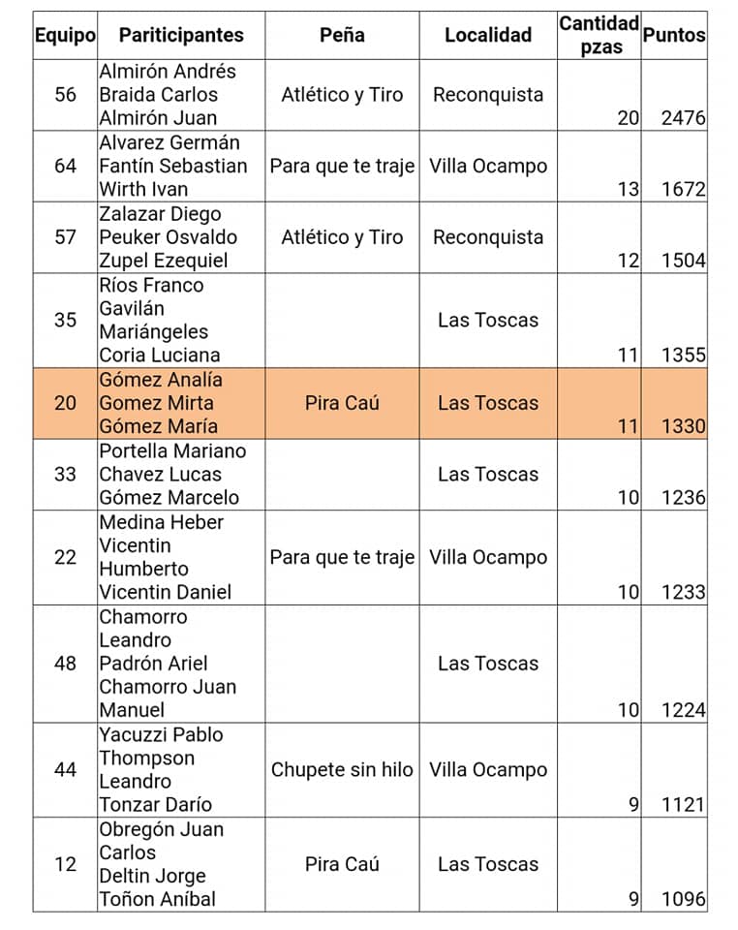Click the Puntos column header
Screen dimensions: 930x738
[x=674, y=35]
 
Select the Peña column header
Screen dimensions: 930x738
[x=342, y=35]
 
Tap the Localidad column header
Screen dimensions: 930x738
[x=488, y=35]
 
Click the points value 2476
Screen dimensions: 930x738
[x=683, y=118]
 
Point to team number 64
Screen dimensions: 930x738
[x=65, y=166]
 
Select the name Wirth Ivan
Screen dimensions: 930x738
[x=143, y=189]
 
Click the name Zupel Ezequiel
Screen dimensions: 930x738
[x=163, y=261]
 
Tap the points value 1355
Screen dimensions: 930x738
[x=683, y=356]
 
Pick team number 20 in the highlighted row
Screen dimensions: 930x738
[x=65, y=403]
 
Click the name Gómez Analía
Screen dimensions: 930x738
[x=160, y=380]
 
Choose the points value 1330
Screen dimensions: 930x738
[x=683, y=426]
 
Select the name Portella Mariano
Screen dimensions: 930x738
[x=172, y=450]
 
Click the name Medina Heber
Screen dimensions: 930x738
[x=161, y=522]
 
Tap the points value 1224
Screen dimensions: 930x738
[x=683, y=710]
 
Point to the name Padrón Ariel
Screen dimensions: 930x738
[x=153, y=664]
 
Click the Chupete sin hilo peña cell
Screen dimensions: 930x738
[x=342, y=770]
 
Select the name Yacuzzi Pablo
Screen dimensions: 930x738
[x=161, y=734]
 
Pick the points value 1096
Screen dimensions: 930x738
[x=683, y=899]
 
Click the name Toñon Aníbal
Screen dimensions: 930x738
[x=157, y=899]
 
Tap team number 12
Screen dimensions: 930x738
[x=65, y=864]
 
